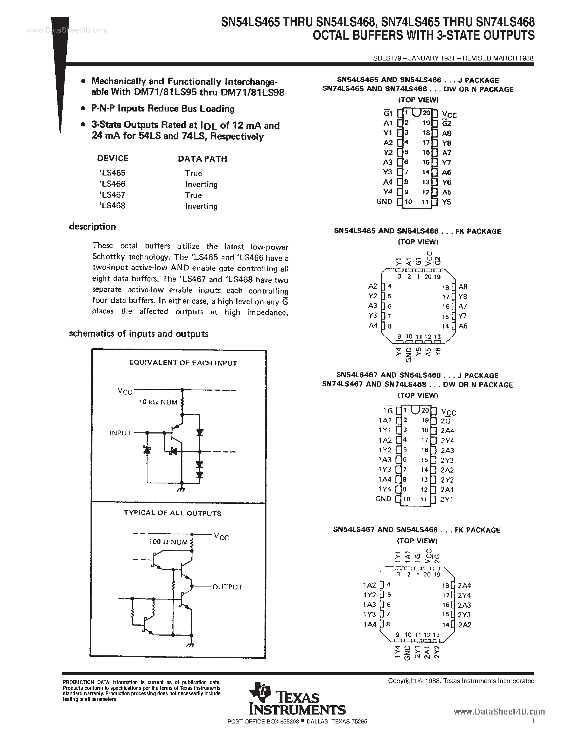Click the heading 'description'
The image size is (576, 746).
[x=92, y=227]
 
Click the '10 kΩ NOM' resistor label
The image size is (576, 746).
[x=158, y=402]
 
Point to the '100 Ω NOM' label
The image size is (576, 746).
[x=168, y=542]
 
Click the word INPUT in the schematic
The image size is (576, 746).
[x=120, y=433]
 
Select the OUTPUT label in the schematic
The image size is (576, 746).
[x=227, y=587]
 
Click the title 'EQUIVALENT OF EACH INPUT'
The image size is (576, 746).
[x=183, y=363]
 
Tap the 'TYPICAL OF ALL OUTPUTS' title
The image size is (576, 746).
[x=172, y=513]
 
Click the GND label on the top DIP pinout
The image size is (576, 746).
[x=384, y=202]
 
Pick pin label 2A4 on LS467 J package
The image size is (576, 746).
[x=447, y=431]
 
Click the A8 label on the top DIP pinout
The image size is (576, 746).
[x=446, y=133]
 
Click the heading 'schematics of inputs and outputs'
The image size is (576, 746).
[x=139, y=334]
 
